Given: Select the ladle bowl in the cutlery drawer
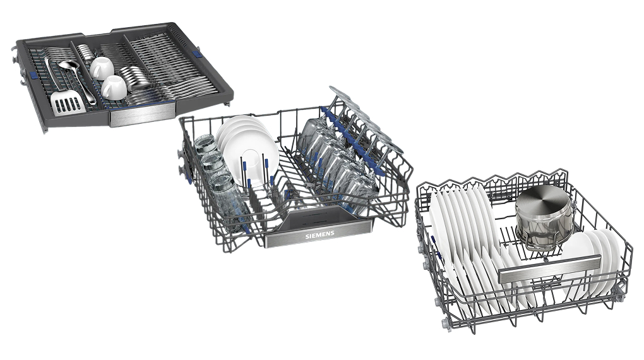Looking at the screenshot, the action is pos(68,65).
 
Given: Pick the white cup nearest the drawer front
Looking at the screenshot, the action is pos(114,87).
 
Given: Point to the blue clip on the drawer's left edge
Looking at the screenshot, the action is pos(32,76).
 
